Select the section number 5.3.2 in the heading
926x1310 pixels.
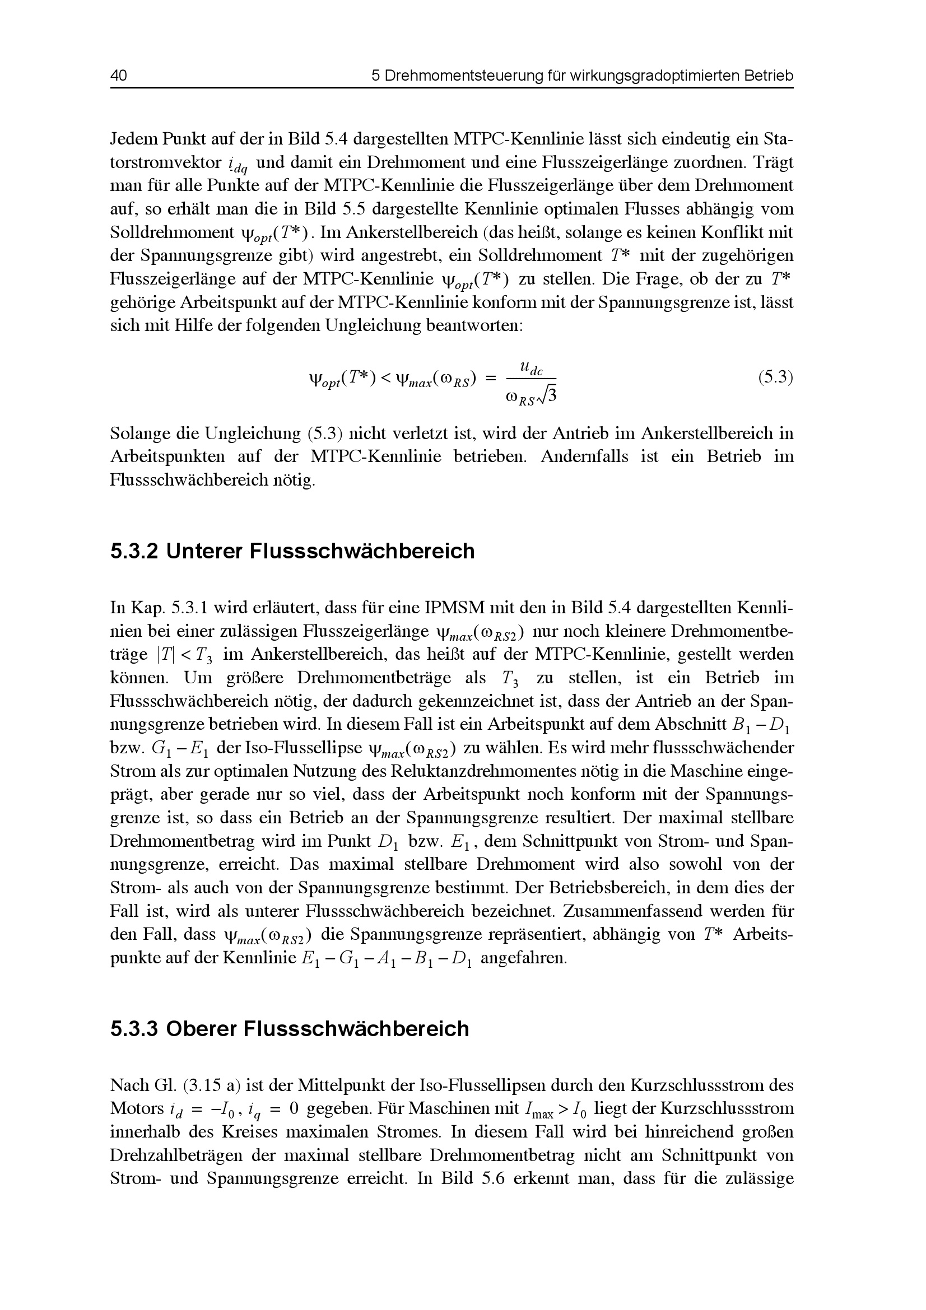133,552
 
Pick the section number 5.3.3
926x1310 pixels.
133,1029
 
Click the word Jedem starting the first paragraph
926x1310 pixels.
134,139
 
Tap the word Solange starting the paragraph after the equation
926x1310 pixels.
139,433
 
